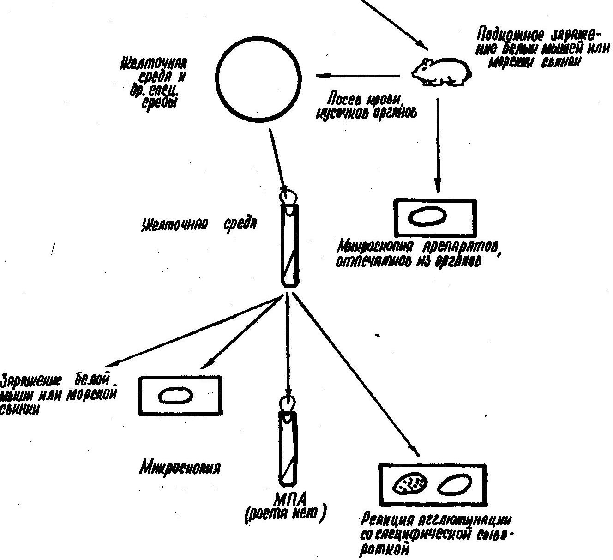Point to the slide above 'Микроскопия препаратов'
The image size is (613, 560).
[x=434, y=217]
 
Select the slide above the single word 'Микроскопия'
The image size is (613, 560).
[x=180, y=396]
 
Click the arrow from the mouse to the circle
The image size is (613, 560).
[x=358, y=76]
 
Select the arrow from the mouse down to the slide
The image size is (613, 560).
[x=438, y=143]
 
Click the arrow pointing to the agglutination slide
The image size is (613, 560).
[x=355, y=374]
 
